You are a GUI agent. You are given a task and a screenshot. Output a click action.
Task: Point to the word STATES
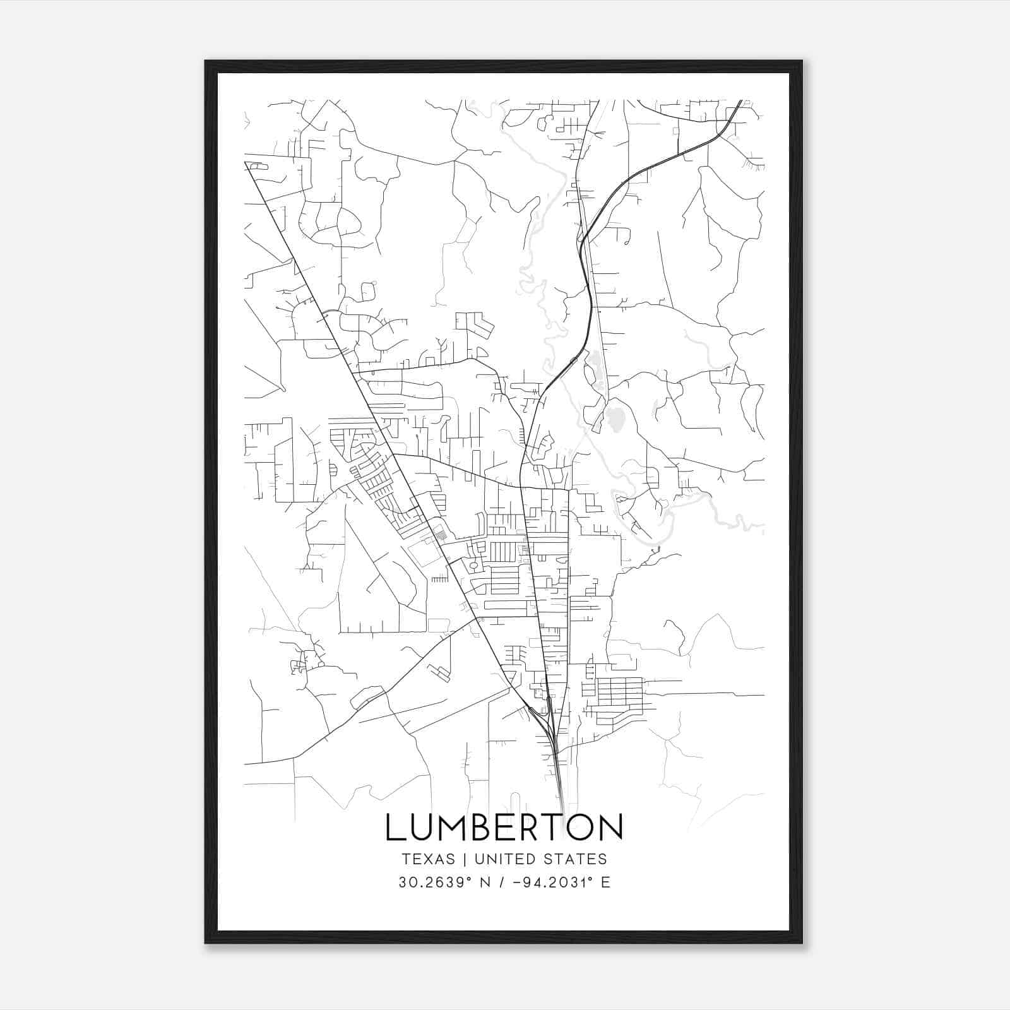[x=576, y=859]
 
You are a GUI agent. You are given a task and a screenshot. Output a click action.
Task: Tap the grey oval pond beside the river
[x=614, y=417]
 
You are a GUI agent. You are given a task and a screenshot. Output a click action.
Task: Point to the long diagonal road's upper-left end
[x=246, y=163]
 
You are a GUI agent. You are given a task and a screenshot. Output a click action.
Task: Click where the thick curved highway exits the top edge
[x=739, y=101]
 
